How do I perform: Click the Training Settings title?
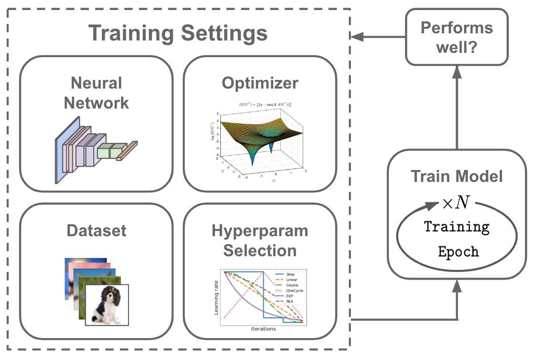178,33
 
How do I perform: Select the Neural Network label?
97,92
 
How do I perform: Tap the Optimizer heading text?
260,83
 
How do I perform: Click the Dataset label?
97,230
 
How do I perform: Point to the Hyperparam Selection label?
260,240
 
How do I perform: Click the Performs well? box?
456,37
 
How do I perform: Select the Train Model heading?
457,177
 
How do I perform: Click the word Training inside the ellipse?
457,227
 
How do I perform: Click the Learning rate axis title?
217,297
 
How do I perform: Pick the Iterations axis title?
263,329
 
